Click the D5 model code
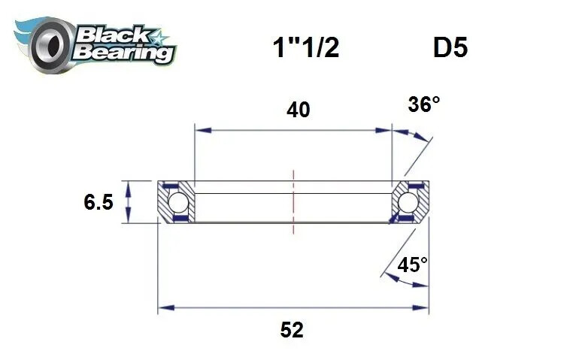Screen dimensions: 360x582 pyautogui.click(x=450, y=48)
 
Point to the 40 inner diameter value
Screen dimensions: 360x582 pyautogui.click(x=298, y=110)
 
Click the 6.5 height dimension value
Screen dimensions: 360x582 pyautogui.click(x=99, y=201)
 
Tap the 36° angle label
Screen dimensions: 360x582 pyautogui.click(x=423, y=104)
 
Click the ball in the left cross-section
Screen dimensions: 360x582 pyautogui.click(x=177, y=202)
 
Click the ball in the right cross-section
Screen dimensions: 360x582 pyautogui.click(x=408, y=202)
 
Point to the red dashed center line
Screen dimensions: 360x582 pyautogui.click(x=293, y=194)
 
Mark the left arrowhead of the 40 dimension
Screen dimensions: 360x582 pyautogui.click(x=199, y=131)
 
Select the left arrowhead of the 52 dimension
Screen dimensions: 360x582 pyautogui.click(x=162, y=308)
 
